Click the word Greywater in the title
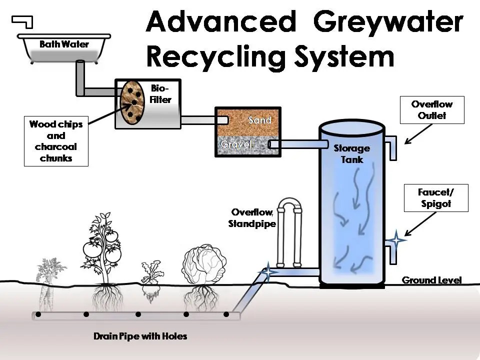tap(388, 22)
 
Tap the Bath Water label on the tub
tap(64, 44)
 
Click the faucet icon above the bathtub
tap(22, 21)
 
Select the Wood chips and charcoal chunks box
tap(56, 141)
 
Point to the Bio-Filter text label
tap(160, 94)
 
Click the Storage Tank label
tap(351, 153)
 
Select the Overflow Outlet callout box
tap(432, 110)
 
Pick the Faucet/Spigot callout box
tap(436, 198)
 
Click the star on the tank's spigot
tap(396, 240)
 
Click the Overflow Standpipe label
tap(253, 218)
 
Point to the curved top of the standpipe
tap(288, 202)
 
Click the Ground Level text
tap(431, 280)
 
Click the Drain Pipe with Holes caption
tap(140, 336)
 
